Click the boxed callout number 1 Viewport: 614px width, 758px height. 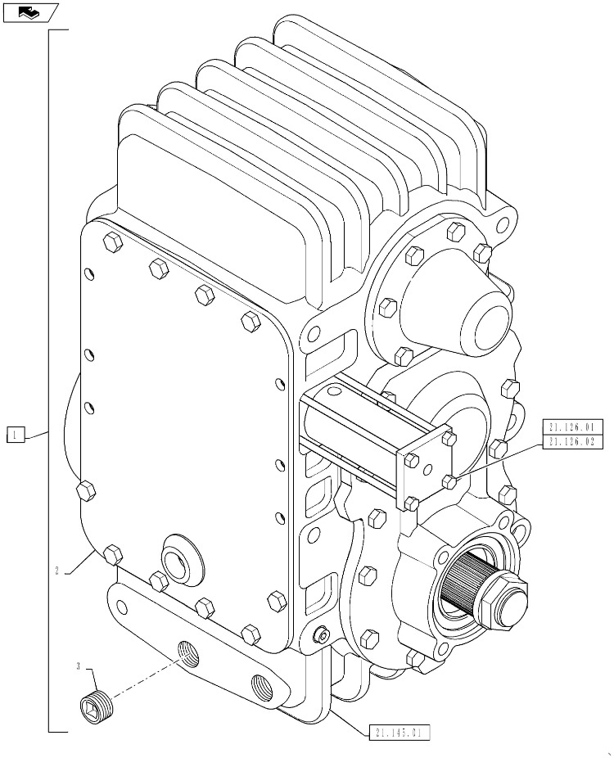pos(15,435)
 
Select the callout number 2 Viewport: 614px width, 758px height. pos(56,571)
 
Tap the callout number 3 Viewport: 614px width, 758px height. pos(79,667)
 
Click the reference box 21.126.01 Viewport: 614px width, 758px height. pos(572,427)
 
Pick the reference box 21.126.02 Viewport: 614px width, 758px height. pos(572,442)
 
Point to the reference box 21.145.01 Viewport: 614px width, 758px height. pos(400,733)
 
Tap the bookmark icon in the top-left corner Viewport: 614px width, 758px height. pos(30,12)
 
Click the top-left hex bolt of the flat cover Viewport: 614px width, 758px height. pos(112,241)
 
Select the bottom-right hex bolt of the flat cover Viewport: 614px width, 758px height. pos(251,634)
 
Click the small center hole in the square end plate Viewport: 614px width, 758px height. pos(427,469)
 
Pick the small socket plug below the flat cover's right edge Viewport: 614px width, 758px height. pos(321,637)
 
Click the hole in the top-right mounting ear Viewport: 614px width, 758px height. pos(503,223)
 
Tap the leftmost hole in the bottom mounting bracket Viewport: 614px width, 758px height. pos(121,607)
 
